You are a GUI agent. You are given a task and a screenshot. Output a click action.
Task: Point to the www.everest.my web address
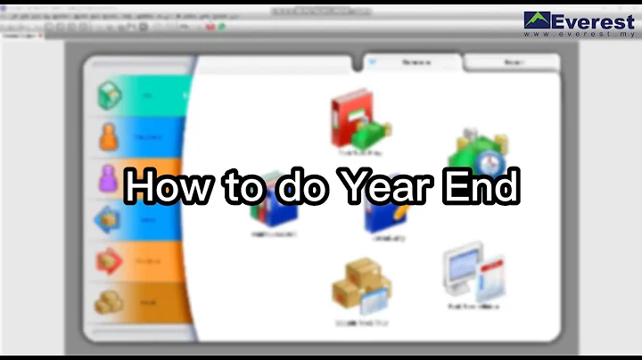click(x=580, y=35)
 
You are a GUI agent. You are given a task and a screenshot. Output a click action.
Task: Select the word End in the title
click(x=481, y=187)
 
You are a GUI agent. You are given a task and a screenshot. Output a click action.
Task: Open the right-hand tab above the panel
click(x=511, y=63)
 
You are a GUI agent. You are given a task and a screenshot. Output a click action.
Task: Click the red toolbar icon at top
click(x=211, y=27)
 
